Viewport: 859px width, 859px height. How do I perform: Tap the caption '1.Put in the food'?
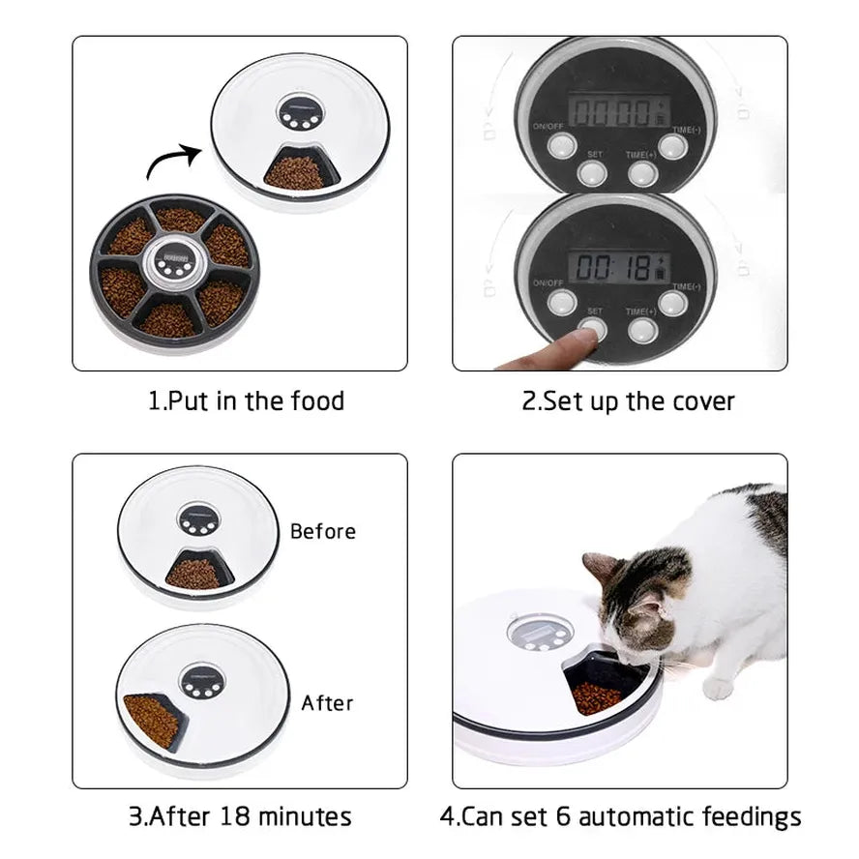[x=246, y=400]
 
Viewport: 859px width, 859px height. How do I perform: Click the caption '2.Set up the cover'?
[x=628, y=400]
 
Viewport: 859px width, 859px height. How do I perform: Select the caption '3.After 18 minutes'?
[x=240, y=815]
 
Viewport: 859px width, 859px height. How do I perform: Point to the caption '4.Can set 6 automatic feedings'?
[x=620, y=815]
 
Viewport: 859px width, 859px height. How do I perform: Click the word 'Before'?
[x=322, y=531]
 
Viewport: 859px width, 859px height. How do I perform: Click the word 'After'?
[x=327, y=702]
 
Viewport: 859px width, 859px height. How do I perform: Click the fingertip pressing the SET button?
[x=581, y=338]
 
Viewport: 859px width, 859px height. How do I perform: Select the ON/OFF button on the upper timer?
[x=562, y=146]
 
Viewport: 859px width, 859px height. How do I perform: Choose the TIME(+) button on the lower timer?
[x=642, y=330]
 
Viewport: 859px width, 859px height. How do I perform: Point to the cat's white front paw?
[x=718, y=688]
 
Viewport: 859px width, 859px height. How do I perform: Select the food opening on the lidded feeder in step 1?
[x=296, y=172]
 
